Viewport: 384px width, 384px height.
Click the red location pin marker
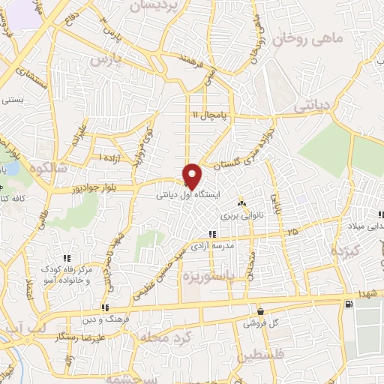(192, 175)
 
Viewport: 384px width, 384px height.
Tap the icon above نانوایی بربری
(241, 203)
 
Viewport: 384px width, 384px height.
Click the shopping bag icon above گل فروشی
(259, 312)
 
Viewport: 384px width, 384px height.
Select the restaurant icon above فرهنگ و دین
(106, 307)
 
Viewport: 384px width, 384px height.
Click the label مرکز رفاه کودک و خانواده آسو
(67, 274)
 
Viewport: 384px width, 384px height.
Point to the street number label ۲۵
(292, 232)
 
